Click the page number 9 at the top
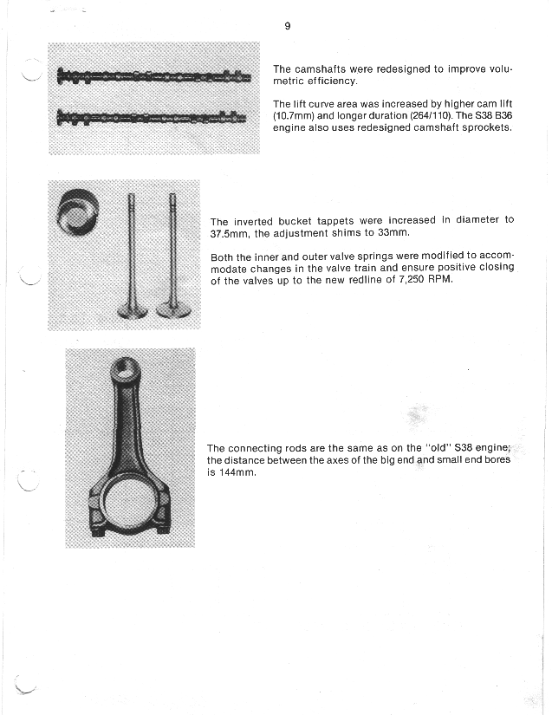point(287,26)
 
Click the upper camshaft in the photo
point(154,76)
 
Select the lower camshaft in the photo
point(152,118)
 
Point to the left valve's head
point(133,311)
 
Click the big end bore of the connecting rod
point(130,502)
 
